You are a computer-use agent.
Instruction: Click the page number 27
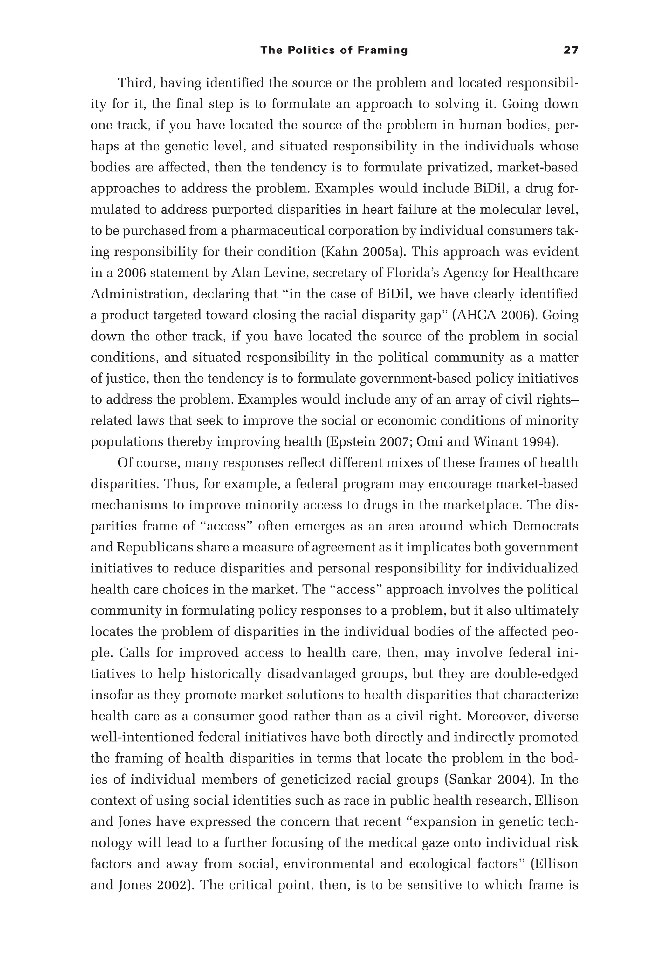(x=571, y=51)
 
